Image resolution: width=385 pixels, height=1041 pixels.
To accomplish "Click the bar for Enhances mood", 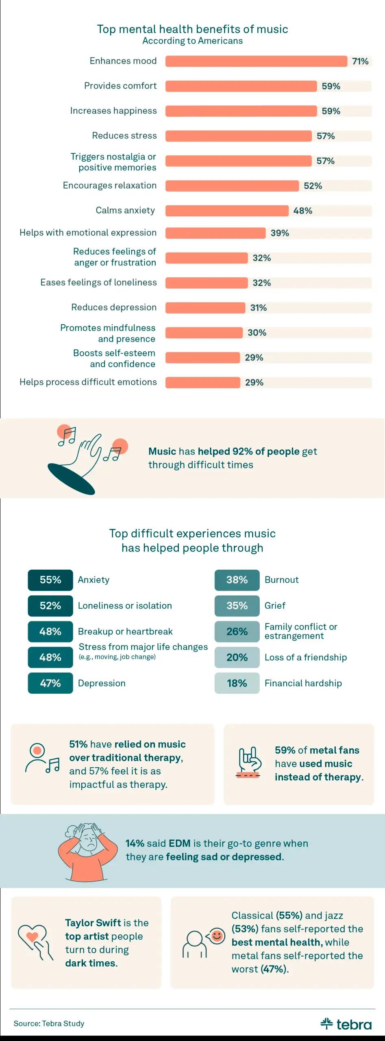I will pyautogui.click(x=256, y=61).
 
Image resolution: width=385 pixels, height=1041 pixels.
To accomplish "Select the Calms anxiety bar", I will pyautogui.click(x=227, y=211).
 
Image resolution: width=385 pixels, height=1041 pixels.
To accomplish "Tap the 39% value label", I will pyautogui.click(x=280, y=233).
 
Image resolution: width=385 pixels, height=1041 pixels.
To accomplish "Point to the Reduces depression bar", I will pyautogui.click(x=205, y=308).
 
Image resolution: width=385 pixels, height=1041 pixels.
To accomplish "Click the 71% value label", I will pyautogui.click(x=360, y=61).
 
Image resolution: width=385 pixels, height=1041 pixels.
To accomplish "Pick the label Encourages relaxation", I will pyautogui.click(x=110, y=185).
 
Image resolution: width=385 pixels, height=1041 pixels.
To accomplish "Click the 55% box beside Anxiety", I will pyautogui.click(x=50, y=580).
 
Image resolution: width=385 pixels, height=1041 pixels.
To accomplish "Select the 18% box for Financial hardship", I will pyautogui.click(x=237, y=683).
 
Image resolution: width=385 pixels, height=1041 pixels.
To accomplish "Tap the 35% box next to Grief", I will pyautogui.click(x=237, y=605).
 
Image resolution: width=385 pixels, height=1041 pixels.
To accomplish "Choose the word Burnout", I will pyautogui.click(x=282, y=580).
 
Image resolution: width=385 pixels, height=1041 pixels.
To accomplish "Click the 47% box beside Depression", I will pyautogui.click(x=50, y=683).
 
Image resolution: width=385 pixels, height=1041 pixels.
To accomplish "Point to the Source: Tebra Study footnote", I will pyautogui.click(x=49, y=1024).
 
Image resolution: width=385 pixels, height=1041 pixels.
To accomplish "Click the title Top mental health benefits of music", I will pyautogui.click(x=192, y=29).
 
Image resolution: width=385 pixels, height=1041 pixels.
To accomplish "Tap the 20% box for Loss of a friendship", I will pyautogui.click(x=237, y=658).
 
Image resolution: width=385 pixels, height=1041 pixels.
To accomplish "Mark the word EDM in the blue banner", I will pyautogui.click(x=180, y=843).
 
